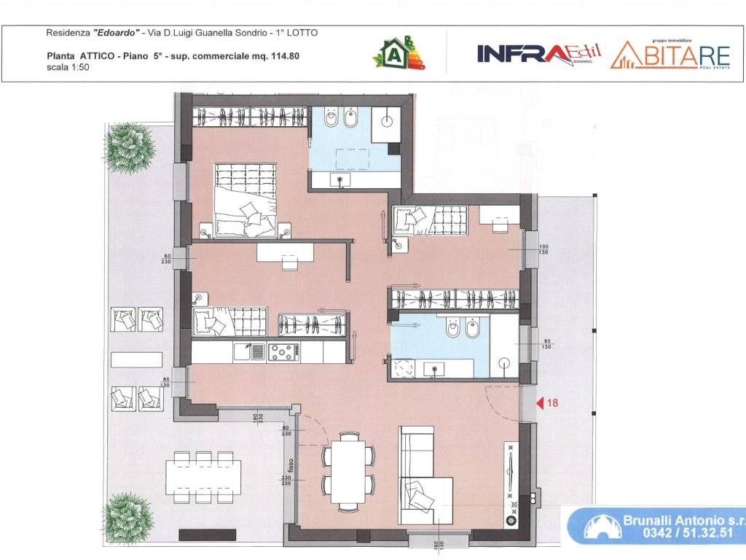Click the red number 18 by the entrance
(553, 402)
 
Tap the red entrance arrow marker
(540, 402)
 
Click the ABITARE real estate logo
(670, 53)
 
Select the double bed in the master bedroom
(246, 200)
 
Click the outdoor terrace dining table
(203, 478)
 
